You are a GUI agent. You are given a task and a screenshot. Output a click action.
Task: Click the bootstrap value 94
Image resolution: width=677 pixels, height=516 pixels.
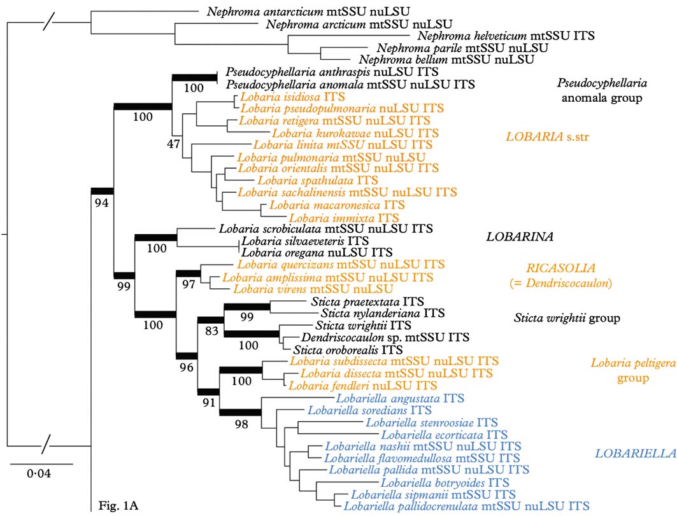pyautogui.click(x=102, y=202)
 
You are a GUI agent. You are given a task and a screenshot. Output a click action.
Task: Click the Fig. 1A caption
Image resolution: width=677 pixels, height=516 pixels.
pyautogui.click(x=118, y=506)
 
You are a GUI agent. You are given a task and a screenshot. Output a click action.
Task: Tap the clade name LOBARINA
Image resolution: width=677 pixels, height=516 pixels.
pyautogui.click(x=518, y=237)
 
